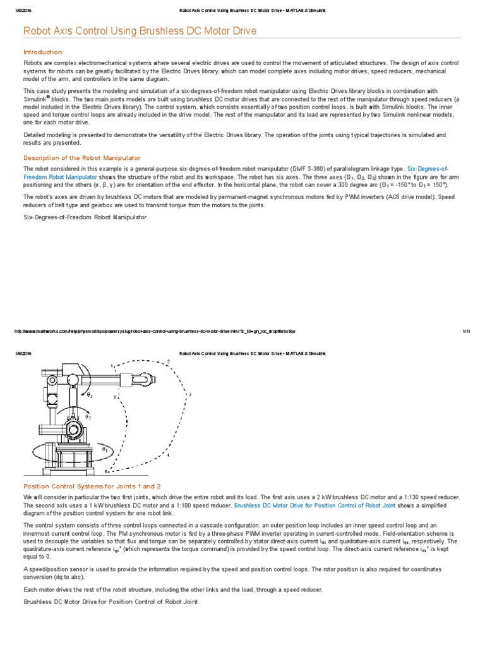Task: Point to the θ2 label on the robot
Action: (x=88, y=417)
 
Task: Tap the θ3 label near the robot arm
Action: (x=90, y=396)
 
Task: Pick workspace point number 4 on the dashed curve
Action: (x=168, y=454)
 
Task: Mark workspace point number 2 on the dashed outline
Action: (x=168, y=361)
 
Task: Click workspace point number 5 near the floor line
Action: (x=105, y=471)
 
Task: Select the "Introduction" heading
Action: (x=42, y=52)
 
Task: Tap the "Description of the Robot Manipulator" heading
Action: (x=81, y=157)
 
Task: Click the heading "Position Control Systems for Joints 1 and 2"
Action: (x=92, y=486)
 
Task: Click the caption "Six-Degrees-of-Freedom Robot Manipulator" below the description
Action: (x=85, y=217)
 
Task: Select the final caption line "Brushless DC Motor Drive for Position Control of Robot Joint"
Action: (x=111, y=602)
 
